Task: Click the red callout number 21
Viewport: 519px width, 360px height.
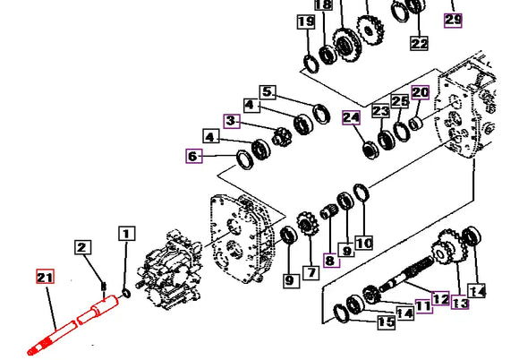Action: coord(45,277)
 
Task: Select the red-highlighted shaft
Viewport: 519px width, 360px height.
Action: coord(73,325)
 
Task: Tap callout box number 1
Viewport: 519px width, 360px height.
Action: coord(126,234)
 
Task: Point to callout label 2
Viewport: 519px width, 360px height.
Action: coord(82,247)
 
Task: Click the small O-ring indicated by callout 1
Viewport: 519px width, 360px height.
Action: coord(126,294)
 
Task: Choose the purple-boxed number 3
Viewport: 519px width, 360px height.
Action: coord(232,121)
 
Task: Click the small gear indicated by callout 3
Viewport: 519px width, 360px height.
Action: coord(282,137)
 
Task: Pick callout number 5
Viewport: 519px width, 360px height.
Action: coord(268,92)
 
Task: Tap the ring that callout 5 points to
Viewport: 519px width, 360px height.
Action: coord(321,114)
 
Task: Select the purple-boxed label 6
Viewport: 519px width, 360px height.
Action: coord(194,157)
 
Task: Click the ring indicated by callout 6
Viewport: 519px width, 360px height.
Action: coord(245,159)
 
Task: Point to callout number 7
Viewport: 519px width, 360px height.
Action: coord(311,273)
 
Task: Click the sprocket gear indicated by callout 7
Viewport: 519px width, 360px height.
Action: coord(308,224)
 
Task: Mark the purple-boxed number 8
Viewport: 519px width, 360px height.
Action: coord(331,261)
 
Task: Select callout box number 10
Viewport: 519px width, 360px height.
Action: coord(364,244)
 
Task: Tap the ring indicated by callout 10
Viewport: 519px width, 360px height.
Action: coord(362,193)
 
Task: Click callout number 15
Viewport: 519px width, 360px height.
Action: coord(387,322)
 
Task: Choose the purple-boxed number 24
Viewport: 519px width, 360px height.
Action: coord(351,117)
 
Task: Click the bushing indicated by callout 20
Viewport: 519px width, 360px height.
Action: coord(415,124)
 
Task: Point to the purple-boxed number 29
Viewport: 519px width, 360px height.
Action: coord(453,20)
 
